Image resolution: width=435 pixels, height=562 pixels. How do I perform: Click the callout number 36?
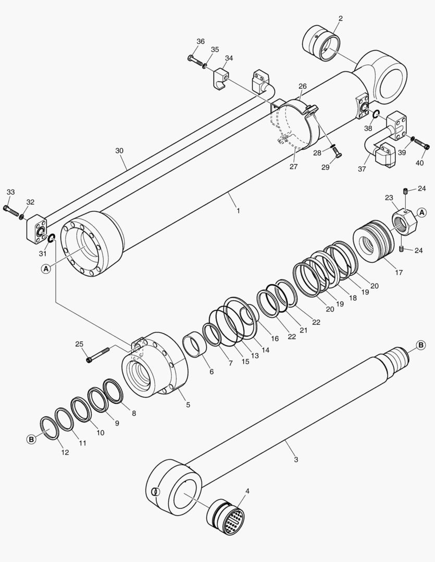tap(201, 42)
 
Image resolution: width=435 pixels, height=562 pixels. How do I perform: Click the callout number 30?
tap(119, 150)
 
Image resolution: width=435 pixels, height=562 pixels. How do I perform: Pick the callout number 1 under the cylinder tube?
tap(238, 211)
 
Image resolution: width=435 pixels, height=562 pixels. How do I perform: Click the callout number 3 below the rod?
tap(296, 459)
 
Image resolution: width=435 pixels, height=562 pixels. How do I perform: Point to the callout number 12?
tap(65, 452)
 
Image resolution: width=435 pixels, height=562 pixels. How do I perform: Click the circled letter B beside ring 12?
tap(31, 439)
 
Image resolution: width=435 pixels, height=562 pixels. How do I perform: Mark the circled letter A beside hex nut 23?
tap(421, 212)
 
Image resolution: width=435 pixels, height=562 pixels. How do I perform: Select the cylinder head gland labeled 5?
tap(156, 364)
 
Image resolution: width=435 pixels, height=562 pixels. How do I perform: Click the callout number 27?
tap(294, 167)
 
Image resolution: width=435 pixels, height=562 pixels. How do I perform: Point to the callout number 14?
tap(266, 350)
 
